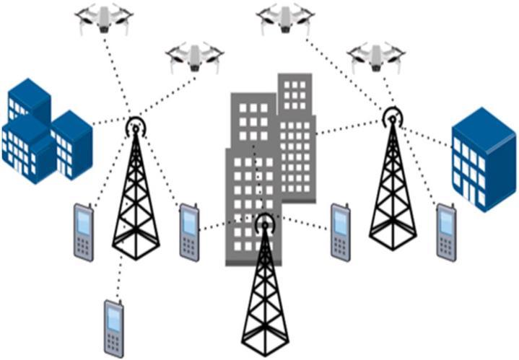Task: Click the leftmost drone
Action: click(x=104, y=20)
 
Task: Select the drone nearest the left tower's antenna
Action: click(x=193, y=56)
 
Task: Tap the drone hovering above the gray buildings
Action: click(x=284, y=17)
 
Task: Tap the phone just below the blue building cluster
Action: click(x=84, y=232)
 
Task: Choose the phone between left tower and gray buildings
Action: click(x=189, y=230)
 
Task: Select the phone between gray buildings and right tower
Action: click(x=341, y=230)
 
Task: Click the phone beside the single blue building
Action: click(x=446, y=231)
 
